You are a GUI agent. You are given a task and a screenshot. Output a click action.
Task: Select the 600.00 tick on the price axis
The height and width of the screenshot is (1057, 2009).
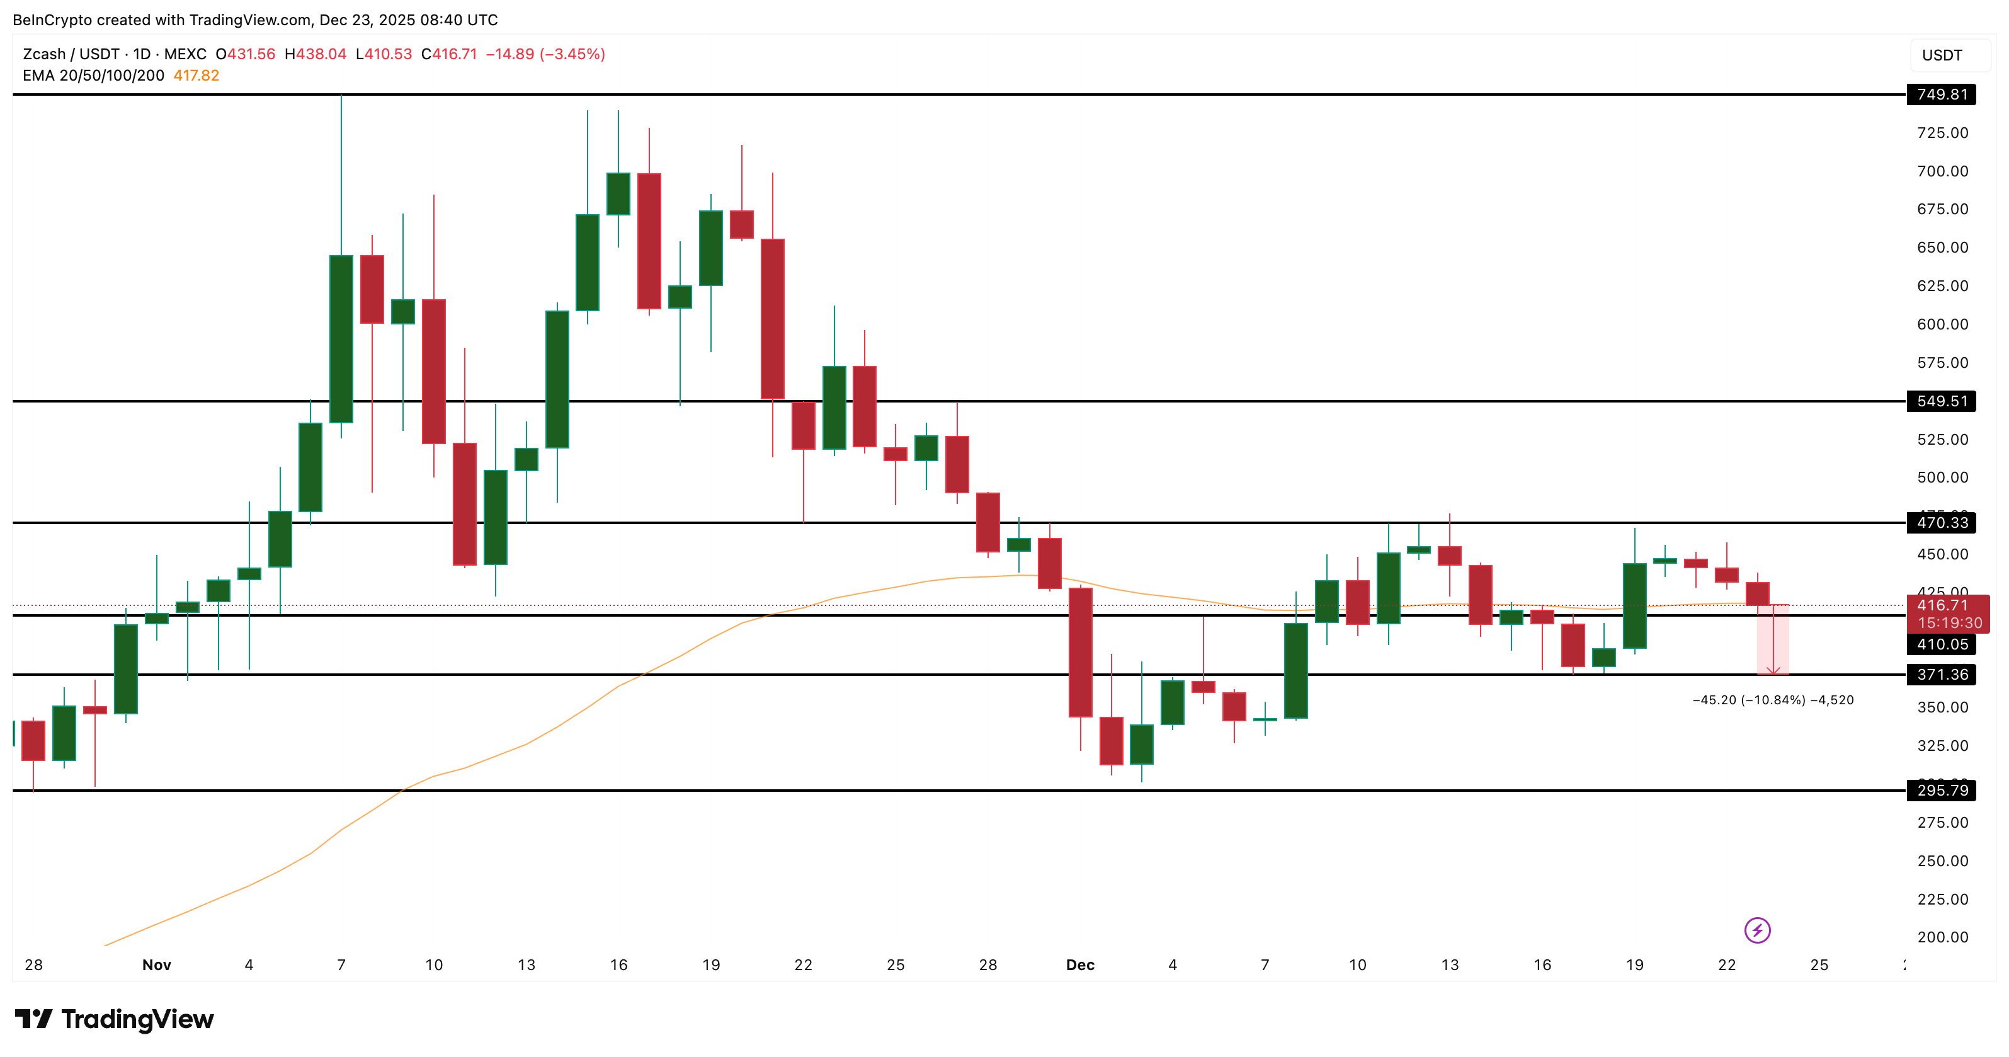click(x=1942, y=324)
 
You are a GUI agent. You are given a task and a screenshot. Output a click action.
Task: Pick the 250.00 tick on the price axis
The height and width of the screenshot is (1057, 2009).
click(x=1942, y=861)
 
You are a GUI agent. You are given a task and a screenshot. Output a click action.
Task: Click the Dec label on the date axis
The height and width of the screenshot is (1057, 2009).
click(x=1080, y=965)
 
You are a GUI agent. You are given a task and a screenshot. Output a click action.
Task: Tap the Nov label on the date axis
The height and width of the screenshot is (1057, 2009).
click(x=156, y=965)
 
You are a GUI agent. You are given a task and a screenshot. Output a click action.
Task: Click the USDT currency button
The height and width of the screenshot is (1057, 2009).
click(x=1942, y=55)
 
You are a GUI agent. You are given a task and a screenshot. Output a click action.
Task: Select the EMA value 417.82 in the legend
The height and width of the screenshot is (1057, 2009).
click(x=196, y=76)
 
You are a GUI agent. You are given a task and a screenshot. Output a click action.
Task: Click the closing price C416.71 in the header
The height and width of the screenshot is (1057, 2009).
click(x=448, y=54)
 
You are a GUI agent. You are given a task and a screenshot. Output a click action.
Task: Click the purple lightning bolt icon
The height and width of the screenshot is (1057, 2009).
click(x=1757, y=930)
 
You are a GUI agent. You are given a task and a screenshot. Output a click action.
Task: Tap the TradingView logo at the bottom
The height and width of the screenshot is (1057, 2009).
click(x=115, y=1019)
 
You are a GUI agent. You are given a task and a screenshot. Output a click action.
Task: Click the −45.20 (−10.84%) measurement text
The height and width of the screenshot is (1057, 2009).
click(x=1772, y=700)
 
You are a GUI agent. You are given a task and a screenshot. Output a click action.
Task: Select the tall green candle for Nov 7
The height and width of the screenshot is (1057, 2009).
click(x=341, y=340)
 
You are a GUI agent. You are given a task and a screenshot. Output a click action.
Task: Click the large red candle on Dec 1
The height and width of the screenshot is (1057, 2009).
click(x=1080, y=652)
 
